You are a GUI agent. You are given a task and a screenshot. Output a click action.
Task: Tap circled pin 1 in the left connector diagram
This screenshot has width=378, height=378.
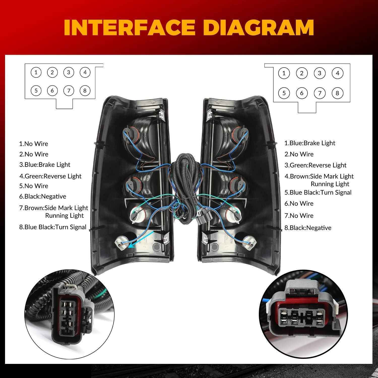click(36, 73)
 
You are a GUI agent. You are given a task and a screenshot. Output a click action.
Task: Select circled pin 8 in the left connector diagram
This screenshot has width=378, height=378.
click(85, 90)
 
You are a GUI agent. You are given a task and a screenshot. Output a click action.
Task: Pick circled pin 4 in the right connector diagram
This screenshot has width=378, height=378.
click(337, 73)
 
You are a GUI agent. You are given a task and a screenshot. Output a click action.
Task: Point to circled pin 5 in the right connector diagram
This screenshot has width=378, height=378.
click(284, 93)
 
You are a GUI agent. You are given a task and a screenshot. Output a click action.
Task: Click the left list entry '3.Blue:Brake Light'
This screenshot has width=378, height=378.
click(45, 165)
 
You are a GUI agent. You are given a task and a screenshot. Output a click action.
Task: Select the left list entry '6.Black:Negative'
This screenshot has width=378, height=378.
click(43, 197)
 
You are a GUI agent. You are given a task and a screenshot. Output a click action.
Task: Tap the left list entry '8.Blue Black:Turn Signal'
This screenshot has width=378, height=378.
click(53, 227)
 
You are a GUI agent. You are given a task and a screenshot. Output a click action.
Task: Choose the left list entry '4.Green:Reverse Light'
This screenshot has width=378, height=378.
click(50, 176)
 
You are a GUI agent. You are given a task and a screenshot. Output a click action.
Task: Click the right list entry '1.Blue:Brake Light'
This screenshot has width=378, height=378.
click(310, 143)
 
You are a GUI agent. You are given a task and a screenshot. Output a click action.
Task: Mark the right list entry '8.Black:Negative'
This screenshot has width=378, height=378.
click(308, 228)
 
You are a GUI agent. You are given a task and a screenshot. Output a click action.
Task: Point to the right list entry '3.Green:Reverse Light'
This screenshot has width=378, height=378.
click(316, 165)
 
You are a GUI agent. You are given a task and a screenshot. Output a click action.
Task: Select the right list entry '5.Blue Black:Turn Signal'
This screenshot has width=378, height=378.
click(318, 193)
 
